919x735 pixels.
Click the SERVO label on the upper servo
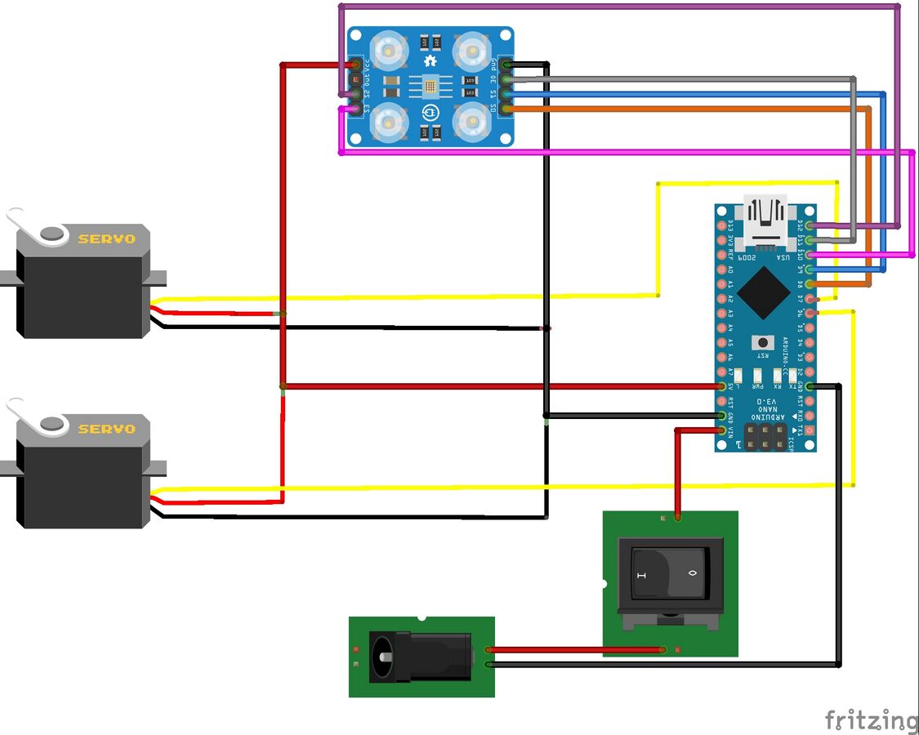coord(106,239)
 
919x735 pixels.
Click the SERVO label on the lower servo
coord(106,429)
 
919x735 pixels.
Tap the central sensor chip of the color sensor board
coord(431,85)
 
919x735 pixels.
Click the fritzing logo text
coord(871,719)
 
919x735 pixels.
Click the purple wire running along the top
coord(621,7)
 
